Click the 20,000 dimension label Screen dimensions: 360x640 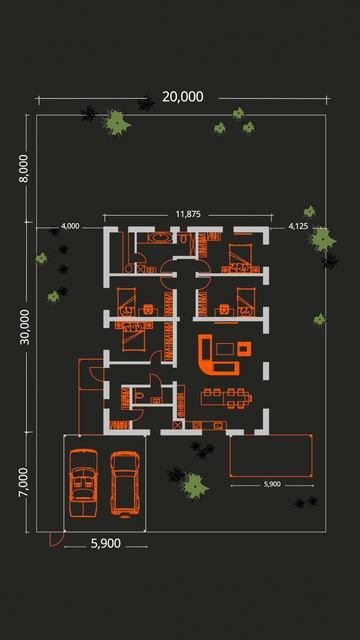click(x=182, y=97)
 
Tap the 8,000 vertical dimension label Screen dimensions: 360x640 click(x=24, y=169)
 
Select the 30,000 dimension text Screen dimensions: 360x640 click(x=24, y=327)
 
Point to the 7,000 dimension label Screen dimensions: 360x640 click(x=24, y=482)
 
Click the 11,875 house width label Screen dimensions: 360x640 click(x=188, y=214)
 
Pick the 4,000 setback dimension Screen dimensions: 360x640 click(x=70, y=226)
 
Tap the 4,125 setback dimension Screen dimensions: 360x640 click(x=298, y=226)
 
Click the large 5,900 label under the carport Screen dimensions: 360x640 click(x=106, y=544)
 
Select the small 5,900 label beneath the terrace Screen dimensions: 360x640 click(x=272, y=484)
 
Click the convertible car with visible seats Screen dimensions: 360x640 click(x=83, y=483)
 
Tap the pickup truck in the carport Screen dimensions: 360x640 click(x=125, y=483)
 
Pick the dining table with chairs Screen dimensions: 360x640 click(x=226, y=398)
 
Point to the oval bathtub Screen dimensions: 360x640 click(x=162, y=237)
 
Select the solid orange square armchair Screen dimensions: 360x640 click(x=244, y=349)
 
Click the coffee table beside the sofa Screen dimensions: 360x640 click(x=225, y=349)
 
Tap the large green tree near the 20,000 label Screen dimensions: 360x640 click(x=117, y=122)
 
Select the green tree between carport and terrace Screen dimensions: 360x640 click(x=195, y=486)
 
